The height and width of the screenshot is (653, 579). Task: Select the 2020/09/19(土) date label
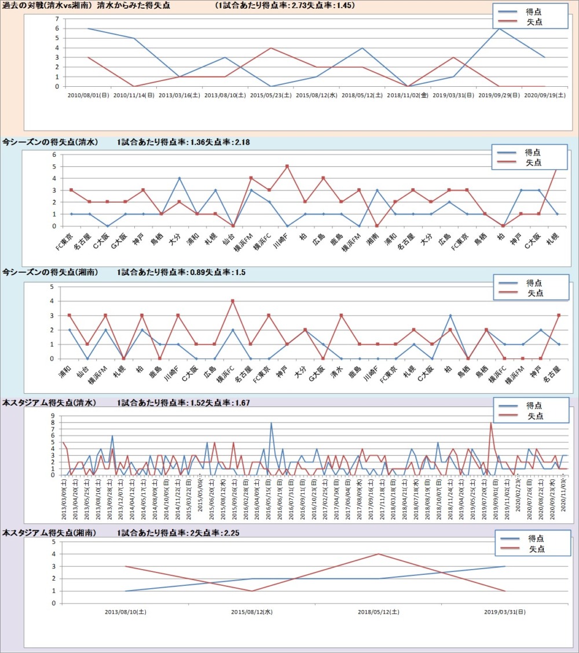pos(544,95)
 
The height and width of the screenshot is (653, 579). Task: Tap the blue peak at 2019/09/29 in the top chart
pos(499,28)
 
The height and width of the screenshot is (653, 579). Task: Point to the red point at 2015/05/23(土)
pos(270,47)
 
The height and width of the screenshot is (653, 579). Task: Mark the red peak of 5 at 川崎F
pos(287,166)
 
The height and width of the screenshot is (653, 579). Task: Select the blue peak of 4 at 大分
pos(179,178)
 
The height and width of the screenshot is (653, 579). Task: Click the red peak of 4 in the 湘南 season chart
pos(233,301)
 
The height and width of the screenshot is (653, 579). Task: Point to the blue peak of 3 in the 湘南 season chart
pos(450,316)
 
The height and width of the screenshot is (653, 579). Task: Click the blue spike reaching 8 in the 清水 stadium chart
pos(271,423)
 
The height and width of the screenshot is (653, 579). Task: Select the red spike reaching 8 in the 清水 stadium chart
pos(491,423)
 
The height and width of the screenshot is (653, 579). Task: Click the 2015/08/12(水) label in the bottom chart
pos(252,611)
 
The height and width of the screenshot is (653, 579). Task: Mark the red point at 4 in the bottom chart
pos(378,554)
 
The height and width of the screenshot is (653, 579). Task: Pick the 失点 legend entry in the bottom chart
pos(534,549)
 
